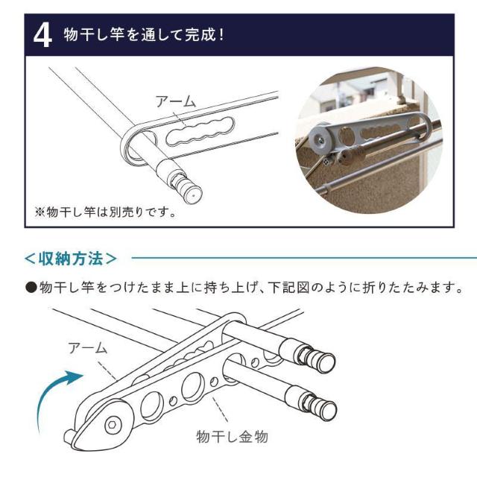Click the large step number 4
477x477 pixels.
pyautogui.click(x=42, y=37)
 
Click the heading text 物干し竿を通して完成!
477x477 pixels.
pyautogui.click(x=144, y=35)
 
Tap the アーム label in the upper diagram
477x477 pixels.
pyautogui.click(x=176, y=101)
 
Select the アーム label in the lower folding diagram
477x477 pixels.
pyautogui.click(x=88, y=348)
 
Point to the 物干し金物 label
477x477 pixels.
pyautogui.click(x=232, y=437)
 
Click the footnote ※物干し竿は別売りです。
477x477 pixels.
pyautogui.click(x=106, y=212)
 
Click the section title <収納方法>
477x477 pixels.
pyautogui.click(x=71, y=259)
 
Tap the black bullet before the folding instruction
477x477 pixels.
pyautogui.click(x=31, y=287)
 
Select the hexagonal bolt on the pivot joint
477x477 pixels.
pyautogui.click(x=113, y=425)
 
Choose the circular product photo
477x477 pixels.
pyautogui.click(x=368, y=140)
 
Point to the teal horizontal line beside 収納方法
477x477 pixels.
pyautogui.click(x=304, y=259)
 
